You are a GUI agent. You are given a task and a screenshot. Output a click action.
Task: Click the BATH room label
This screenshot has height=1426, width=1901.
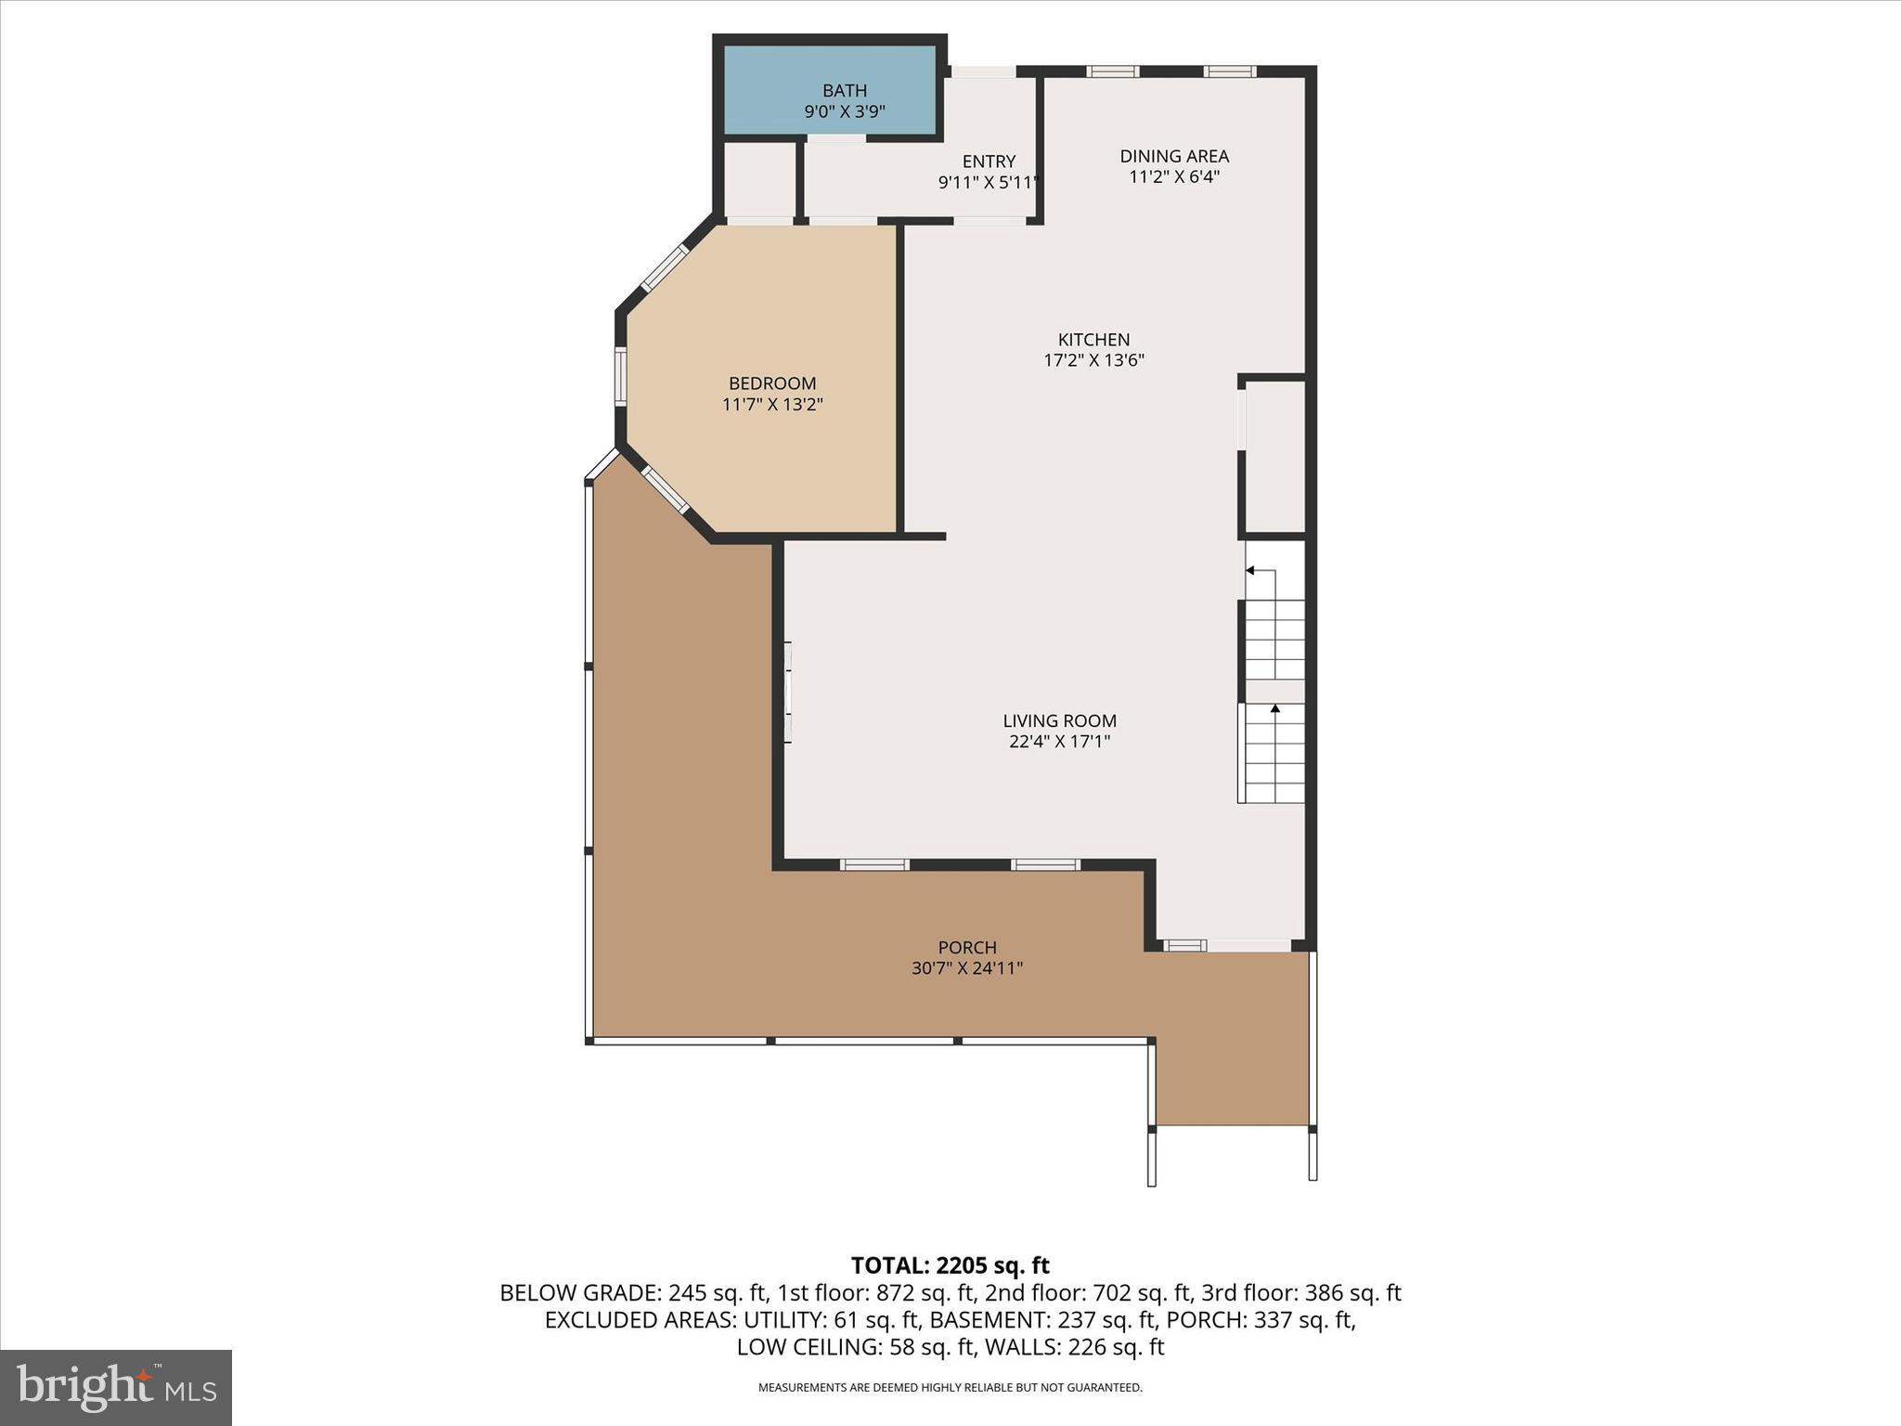pos(844,91)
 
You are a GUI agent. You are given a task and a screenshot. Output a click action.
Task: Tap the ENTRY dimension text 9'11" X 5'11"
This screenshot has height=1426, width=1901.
pos(988,183)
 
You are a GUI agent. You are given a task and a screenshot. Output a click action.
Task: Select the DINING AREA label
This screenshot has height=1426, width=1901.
pos(1173,156)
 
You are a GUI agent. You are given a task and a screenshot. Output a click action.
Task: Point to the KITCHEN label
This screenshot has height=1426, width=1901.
pos(1093,340)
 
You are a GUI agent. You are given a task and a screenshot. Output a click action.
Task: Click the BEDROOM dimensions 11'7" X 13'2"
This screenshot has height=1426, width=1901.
pos(772,405)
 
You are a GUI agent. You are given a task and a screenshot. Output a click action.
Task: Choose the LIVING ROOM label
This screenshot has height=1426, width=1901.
pos(1059,720)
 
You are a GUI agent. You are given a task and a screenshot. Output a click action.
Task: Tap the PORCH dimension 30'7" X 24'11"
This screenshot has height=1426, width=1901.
pos(966,968)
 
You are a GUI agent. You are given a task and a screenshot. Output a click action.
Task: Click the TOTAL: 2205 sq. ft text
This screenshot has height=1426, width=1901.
pos(950,1265)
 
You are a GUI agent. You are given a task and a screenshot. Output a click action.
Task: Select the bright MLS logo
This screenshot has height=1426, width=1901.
pos(116,1388)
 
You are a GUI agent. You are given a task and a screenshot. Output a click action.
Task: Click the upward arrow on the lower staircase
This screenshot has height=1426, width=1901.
pos(1274,710)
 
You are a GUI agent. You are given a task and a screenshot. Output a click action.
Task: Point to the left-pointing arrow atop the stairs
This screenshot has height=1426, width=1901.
pos(1251,570)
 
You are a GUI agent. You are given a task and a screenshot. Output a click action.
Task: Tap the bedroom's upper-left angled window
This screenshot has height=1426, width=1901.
pos(666,267)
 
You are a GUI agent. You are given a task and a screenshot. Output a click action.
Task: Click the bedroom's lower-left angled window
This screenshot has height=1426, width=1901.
pos(665,490)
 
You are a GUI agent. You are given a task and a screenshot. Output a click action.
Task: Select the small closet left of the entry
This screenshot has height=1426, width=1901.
pos(759,178)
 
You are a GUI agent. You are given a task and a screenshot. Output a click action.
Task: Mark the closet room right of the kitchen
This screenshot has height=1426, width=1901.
pos(1274,456)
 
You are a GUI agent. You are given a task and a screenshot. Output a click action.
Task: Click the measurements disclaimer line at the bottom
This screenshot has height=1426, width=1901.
pos(950,1388)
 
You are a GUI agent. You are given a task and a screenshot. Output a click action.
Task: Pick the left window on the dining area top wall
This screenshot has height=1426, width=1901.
pos(1112,71)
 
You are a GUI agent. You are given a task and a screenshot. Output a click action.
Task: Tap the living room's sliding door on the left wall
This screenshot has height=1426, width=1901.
pos(787,692)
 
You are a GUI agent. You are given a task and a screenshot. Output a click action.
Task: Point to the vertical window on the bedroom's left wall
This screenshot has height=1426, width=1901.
pos(620,376)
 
